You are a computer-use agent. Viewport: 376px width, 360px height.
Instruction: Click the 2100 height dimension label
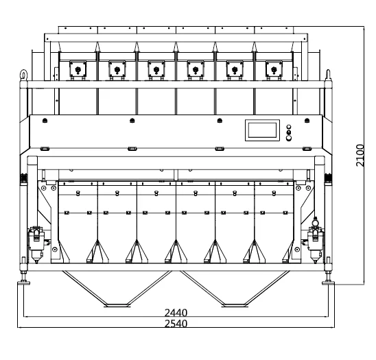(360, 155)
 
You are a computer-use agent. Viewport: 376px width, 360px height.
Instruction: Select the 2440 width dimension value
(176, 313)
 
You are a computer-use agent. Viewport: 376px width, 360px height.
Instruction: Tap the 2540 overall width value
(176, 324)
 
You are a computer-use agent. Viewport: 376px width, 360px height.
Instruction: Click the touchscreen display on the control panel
(262, 130)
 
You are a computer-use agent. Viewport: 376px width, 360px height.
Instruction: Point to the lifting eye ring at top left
(24, 74)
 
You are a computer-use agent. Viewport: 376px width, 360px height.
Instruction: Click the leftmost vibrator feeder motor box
(78, 69)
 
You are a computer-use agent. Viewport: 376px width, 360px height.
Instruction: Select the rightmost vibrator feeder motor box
(274, 69)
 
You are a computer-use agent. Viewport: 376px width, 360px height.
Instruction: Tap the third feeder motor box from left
(156, 69)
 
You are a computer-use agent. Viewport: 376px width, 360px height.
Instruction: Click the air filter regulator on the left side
(36, 244)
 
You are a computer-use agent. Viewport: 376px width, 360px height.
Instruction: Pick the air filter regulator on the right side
(316, 241)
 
